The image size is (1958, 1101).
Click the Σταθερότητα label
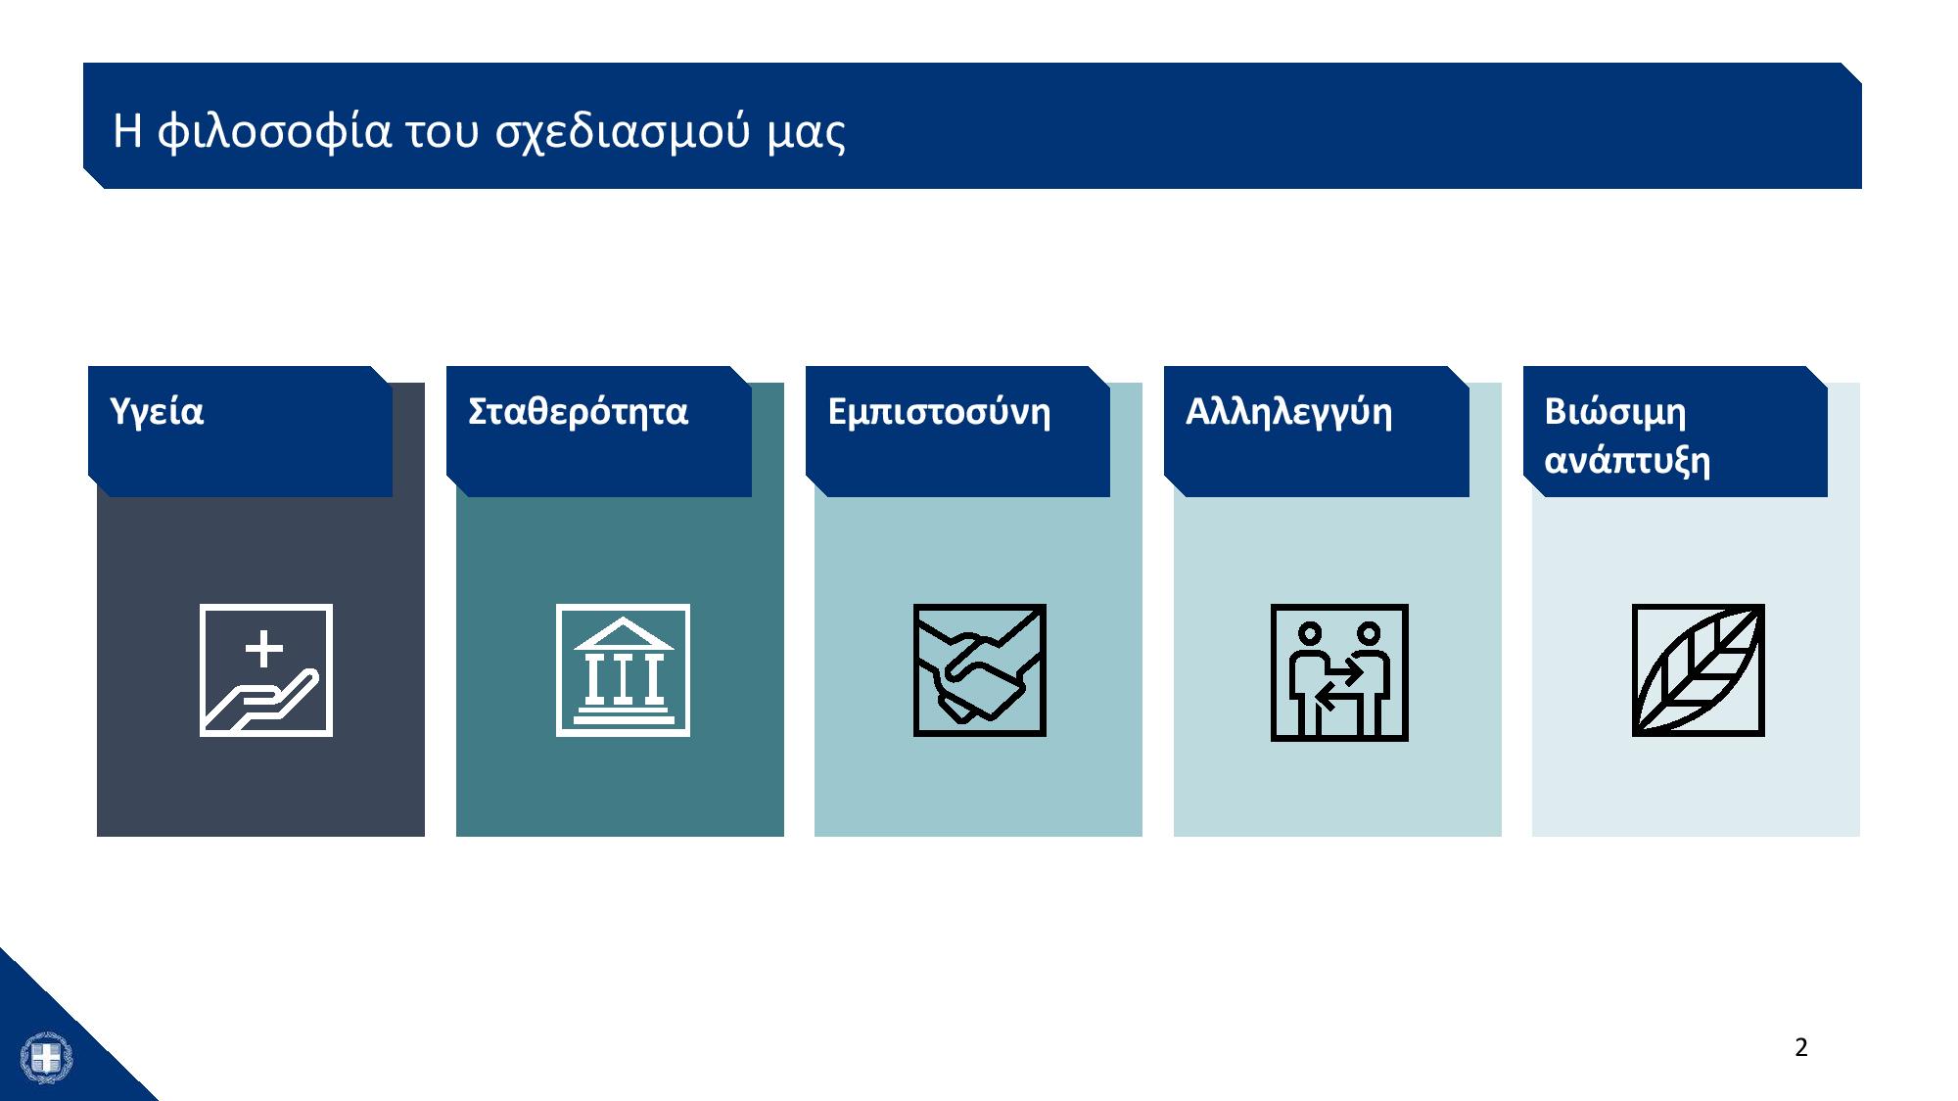tap(579, 411)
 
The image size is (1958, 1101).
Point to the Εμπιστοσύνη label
tap(939, 413)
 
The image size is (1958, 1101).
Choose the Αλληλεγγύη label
tap(1288, 413)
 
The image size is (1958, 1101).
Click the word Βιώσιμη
tap(1615, 413)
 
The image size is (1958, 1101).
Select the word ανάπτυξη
tap(1627, 461)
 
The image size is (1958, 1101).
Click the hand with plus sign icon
tap(266, 670)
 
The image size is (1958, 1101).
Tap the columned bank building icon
tap(623, 670)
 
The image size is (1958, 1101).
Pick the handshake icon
tap(980, 670)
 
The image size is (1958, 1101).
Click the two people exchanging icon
tap(1339, 672)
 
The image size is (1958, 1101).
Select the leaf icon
tap(1699, 670)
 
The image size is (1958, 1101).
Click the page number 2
tap(1801, 1048)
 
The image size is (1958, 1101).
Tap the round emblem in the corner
tap(46, 1058)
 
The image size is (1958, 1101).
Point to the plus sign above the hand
tap(264, 649)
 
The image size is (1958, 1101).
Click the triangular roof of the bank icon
tap(624, 634)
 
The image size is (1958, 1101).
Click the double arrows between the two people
tap(1338, 685)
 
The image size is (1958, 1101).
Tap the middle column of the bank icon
tap(624, 677)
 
